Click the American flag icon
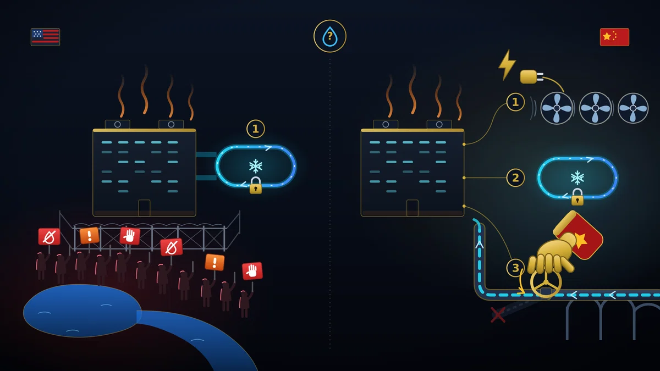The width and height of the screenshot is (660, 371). [x=45, y=37]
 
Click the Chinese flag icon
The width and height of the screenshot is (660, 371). [x=614, y=37]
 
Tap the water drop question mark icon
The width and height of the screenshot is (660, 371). [x=329, y=36]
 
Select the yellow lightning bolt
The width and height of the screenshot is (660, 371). [x=507, y=64]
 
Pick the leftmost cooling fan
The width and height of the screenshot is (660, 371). [x=557, y=108]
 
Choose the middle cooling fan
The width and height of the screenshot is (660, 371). [x=595, y=108]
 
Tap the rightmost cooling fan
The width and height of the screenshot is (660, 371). [x=633, y=108]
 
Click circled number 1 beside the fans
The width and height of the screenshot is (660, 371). [x=515, y=102]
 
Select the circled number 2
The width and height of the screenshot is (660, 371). [x=515, y=178]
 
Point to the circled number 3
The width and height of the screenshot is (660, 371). [x=515, y=268]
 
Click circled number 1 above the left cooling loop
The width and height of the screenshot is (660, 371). [x=255, y=129]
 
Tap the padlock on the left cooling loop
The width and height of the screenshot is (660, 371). [x=255, y=186]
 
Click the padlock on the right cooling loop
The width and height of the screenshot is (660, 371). [x=577, y=197]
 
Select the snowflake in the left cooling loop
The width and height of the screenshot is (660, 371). [x=255, y=167]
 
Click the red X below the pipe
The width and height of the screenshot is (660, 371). [x=498, y=314]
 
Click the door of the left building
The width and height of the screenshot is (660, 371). [x=144, y=208]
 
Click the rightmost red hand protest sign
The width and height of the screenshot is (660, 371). [x=252, y=271]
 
